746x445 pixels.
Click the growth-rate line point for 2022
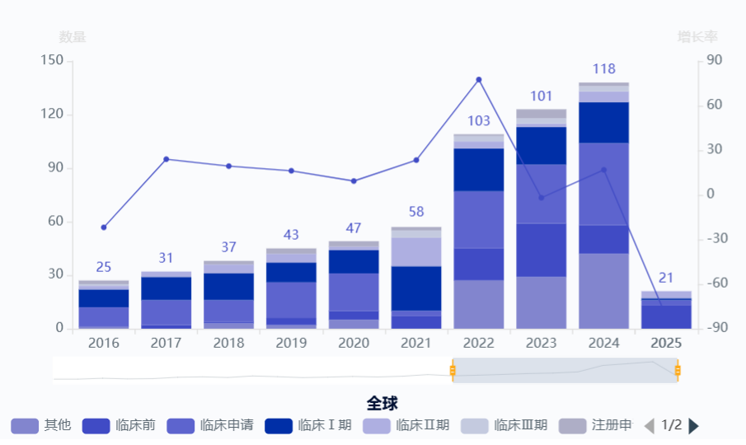click(x=478, y=80)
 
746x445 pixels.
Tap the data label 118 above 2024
click(x=603, y=68)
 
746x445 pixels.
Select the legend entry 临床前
click(x=119, y=425)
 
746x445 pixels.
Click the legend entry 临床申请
click(x=209, y=425)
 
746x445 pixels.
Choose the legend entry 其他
click(x=40, y=425)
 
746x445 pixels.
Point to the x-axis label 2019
click(x=291, y=343)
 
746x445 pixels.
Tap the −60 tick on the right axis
click(x=713, y=283)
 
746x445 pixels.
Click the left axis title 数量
click(x=73, y=37)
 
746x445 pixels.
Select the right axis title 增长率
click(x=697, y=37)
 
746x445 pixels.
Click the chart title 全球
click(x=382, y=403)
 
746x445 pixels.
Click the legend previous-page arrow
click(x=650, y=425)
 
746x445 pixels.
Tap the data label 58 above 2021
click(x=416, y=212)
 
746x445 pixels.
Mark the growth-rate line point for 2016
click(x=104, y=227)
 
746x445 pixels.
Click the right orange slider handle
click(x=678, y=371)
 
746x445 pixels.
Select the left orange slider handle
click(x=453, y=371)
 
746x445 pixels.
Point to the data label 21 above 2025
click(x=666, y=278)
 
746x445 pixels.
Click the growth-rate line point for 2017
click(x=167, y=159)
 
